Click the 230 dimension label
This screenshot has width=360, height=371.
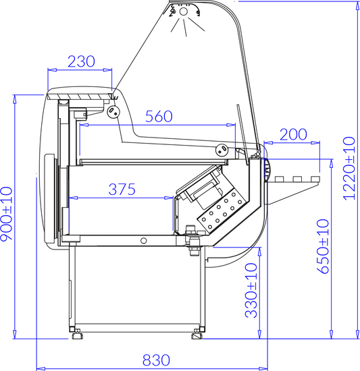coord(81,61)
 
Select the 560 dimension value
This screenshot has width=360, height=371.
coord(159,117)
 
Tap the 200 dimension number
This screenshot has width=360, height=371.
coord(293,134)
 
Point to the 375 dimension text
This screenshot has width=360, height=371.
coord(122,190)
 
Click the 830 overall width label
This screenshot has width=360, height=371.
coord(156,360)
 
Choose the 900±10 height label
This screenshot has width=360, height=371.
coord(6,214)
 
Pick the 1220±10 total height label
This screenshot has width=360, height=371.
coord(349,168)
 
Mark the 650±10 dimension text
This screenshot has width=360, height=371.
coord(323,246)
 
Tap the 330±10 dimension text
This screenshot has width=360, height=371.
coord(251,290)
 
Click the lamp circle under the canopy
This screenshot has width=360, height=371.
coord(183,11)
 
